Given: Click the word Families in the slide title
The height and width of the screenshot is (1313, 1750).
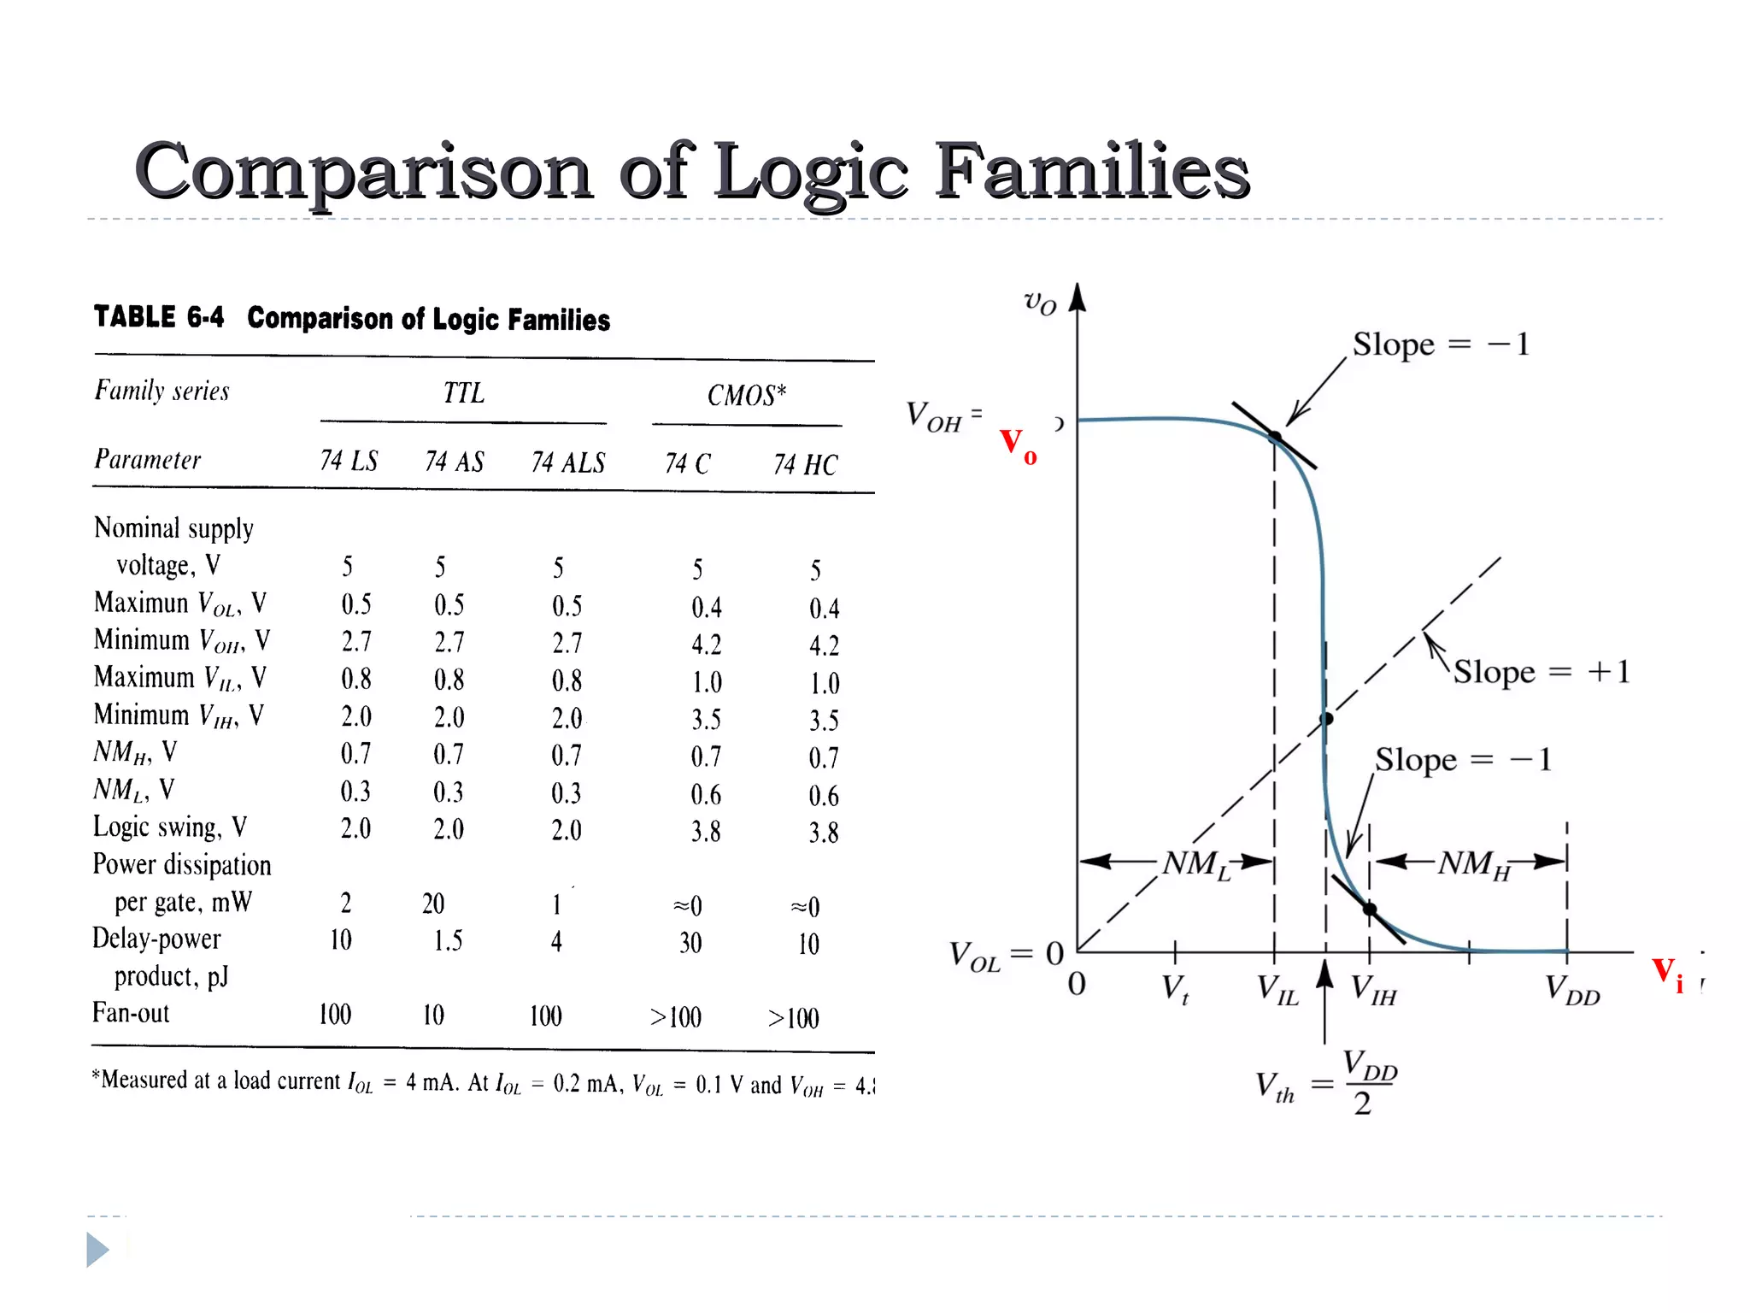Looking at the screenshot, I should (x=1092, y=171).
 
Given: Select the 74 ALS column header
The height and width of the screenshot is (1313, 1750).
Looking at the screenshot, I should (x=567, y=462).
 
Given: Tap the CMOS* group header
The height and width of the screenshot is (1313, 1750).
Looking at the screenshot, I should (x=746, y=395).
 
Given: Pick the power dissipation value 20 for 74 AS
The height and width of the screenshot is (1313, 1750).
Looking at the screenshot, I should (x=433, y=904).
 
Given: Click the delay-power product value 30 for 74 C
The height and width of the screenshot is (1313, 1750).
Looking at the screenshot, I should (x=690, y=943).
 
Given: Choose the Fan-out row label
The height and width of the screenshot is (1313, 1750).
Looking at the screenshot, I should (x=131, y=1013).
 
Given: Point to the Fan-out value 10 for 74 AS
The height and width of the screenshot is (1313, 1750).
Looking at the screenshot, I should (x=433, y=1016).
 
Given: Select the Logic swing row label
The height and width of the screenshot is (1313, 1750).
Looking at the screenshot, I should (x=170, y=827).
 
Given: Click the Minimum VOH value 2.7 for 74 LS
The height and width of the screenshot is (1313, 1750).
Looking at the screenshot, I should (x=356, y=641).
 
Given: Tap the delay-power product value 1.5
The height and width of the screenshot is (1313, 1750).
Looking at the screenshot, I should (x=447, y=941).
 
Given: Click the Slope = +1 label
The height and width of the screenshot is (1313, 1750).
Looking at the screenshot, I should (x=1542, y=672).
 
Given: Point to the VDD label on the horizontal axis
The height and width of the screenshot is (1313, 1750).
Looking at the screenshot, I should (x=1572, y=990).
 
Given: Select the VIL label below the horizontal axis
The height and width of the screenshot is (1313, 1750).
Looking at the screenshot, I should (x=1277, y=990).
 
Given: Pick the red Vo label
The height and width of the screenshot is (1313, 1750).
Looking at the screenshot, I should (x=1018, y=445).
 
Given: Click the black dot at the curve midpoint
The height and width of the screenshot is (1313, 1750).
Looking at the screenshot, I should (x=1326, y=719).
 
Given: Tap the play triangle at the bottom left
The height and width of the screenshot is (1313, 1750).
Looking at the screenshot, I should (x=97, y=1250).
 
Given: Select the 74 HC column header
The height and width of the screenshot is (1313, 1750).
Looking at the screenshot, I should (x=805, y=464).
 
